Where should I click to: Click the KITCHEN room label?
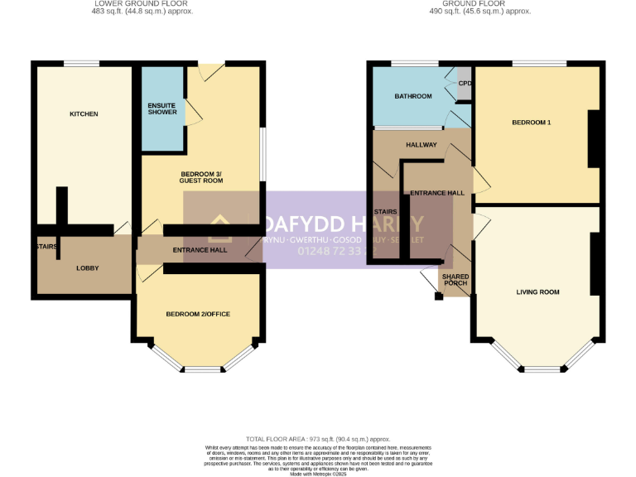coord(84,113)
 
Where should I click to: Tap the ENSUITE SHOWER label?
coord(162,108)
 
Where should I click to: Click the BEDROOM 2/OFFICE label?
coord(198,314)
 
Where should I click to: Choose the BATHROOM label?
coord(412,96)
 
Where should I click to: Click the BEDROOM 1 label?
coord(531,123)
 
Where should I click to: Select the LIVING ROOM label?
coord(537,291)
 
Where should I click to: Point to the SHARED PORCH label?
coord(455,279)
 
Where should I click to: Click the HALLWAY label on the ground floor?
coord(421,144)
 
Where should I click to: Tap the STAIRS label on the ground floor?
coord(385,212)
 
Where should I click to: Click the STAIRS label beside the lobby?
coord(45,246)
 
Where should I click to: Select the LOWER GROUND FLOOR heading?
coord(128,3)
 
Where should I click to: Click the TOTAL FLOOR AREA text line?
coord(318,439)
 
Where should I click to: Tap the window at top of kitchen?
coord(80,64)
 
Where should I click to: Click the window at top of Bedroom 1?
coord(539,64)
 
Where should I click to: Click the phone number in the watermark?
coord(331,251)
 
